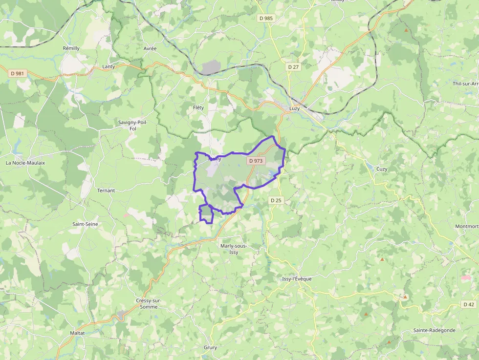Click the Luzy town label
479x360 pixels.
coord(294,108)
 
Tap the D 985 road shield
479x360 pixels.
coord(266,18)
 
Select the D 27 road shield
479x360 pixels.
coord(293,66)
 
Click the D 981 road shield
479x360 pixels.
coord(17,73)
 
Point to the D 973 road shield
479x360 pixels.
coord(256,160)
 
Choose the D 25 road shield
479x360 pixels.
coord(276,200)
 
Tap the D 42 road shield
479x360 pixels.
coord(468,304)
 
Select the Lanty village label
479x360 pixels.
coord(109,66)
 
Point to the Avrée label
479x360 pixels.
coord(150,49)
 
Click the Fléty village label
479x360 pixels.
coord(198,107)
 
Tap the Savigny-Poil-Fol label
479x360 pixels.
coord(133,126)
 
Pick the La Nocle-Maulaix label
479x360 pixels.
coord(25,163)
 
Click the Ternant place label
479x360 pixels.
coord(106,191)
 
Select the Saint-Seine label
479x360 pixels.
coord(85,224)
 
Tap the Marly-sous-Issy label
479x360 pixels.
coord(234,249)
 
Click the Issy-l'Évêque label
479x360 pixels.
coord(297,279)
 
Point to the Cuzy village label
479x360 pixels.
coord(382,169)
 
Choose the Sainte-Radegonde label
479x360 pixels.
coord(434,330)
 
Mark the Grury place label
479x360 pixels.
coord(210,348)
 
